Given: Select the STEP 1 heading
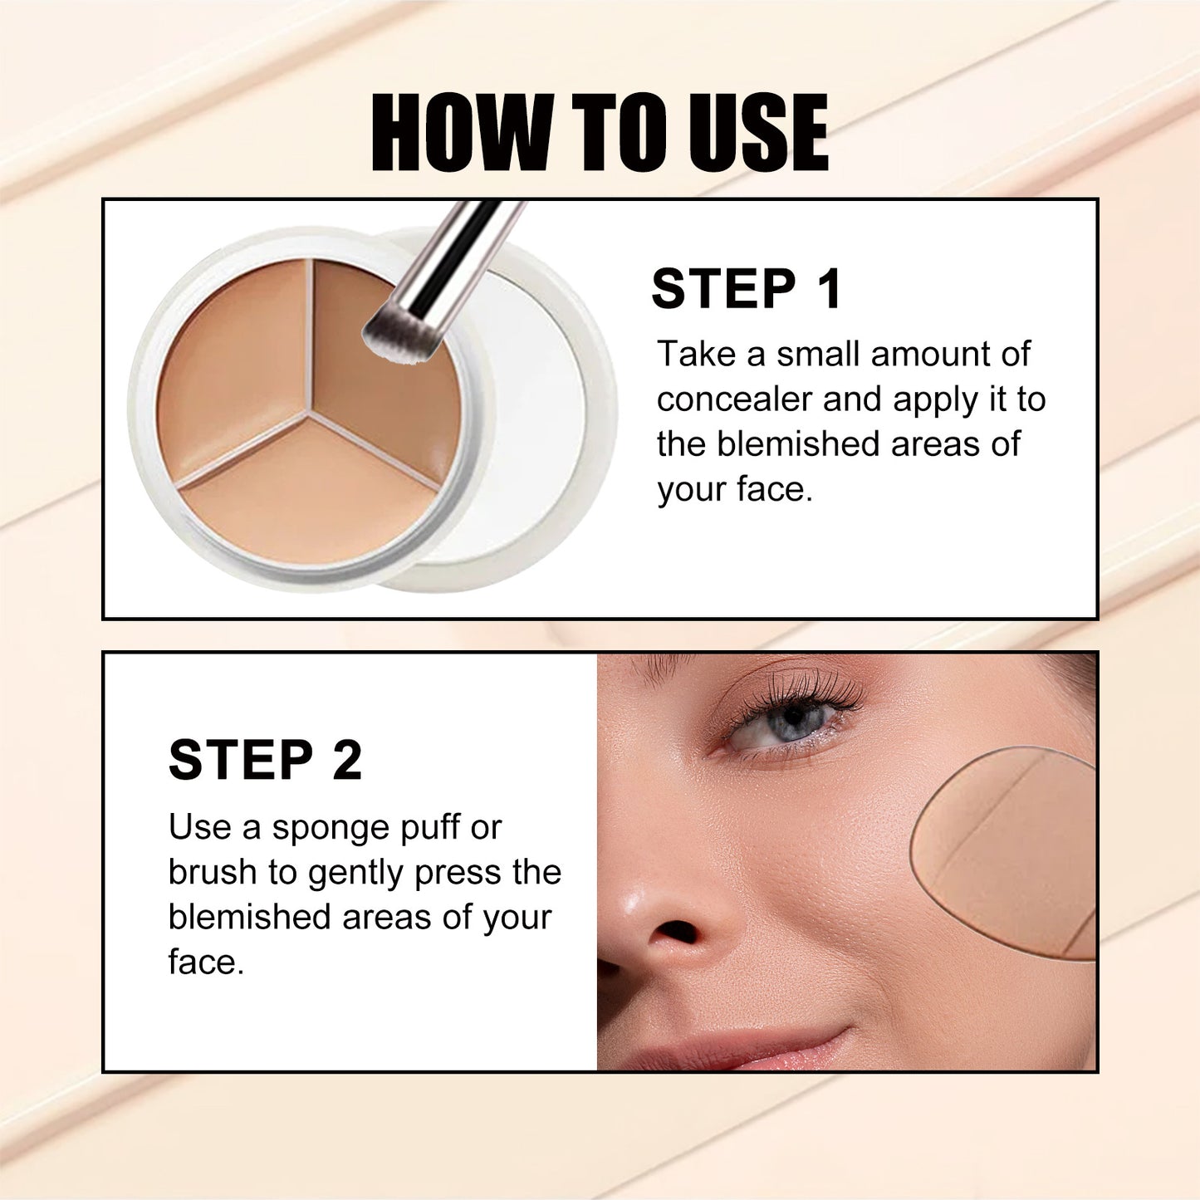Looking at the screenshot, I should [x=747, y=289].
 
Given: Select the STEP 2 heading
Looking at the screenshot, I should [x=265, y=760].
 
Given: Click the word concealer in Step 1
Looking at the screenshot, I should [x=733, y=399].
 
